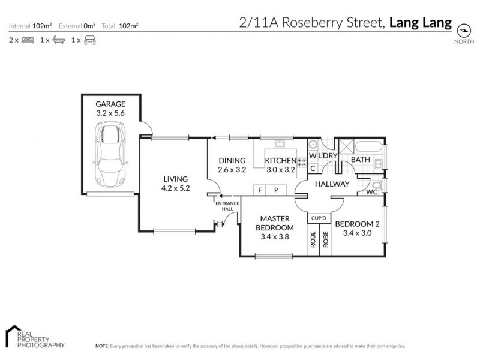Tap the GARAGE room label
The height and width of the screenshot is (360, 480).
pyautogui.click(x=110, y=103)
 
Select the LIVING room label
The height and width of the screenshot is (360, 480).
pyautogui.click(x=175, y=179)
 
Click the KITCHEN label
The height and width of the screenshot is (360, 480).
pyautogui.click(x=281, y=160)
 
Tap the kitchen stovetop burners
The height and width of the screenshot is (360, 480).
pyautogui.click(x=302, y=162)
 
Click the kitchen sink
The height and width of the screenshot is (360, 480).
pyautogui.click(x=280, y=144)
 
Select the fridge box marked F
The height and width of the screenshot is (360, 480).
pyautogui.click(x=260, y=190)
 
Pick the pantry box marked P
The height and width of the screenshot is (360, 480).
pyautogui.click(x=277, y=190)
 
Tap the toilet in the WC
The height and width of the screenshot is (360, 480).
pyautogui.click(x=375, y=185)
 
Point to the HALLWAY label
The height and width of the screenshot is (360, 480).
pyautogui.click(x=332, y=184)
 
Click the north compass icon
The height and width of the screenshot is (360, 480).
pyautogui.click(x=463, y=31)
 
